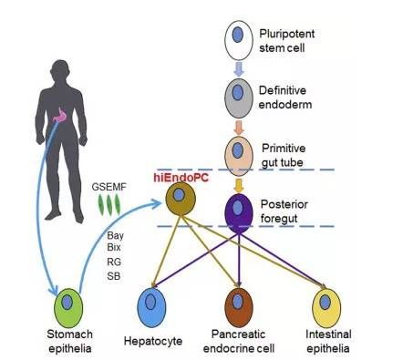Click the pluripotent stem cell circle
click(x=239, y=40)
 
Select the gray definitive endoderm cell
click(x=239, y=98)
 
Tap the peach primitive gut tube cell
click(x=239, y=156)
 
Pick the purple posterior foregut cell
click(x=239, y=213)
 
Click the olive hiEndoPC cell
click(x=181, y=199)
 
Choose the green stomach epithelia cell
click(x=68, y=308)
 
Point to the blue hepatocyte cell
click(x=151, y=308)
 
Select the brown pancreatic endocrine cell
click(x=239, y=308)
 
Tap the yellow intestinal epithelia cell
click(x=326, y=308)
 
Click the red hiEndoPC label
click(x=181, y=178)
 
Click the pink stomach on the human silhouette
click(x=61, y=114)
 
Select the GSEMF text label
click(x=108, y=187)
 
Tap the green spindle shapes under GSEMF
click(x=109, y=205)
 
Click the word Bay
click(x=115, y=235)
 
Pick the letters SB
click(x=114, y=276)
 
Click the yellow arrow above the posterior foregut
click(x=239, y=185)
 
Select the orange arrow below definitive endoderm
click(x=239, y=128)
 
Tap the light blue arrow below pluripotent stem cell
click(x=239, y=69)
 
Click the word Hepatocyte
click(x=153, y=341)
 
